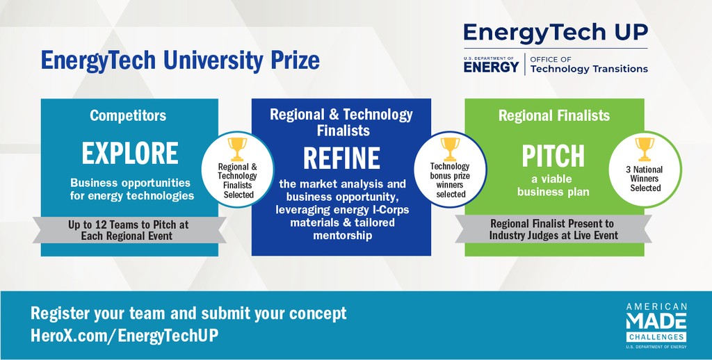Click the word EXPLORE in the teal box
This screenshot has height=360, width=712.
click(x=130, y=154)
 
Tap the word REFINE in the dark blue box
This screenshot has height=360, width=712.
click(x=341, y=158)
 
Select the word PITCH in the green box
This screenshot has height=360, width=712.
click(x=553, y=156)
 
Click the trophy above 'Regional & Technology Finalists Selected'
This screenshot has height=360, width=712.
click(x=237, y=149)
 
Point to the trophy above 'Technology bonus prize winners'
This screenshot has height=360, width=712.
click(x=450, y=149)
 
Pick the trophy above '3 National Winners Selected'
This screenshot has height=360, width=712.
click(x=645, y=149)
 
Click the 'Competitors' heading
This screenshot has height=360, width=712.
click(x=128, y=115)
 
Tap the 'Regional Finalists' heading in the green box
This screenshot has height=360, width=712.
click(x=554, y=115)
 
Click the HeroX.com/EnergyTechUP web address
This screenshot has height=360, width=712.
click(x=124, y=336)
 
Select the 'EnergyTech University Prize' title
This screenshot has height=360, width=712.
click(x=180, y=60)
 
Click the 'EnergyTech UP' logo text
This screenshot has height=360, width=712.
click(x=556, y=33)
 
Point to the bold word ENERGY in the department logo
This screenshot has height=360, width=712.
click(x=491, y=67)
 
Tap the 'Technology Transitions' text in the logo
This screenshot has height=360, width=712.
click(x=589, y=69)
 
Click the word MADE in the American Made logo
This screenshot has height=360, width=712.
click(x=656, y=321)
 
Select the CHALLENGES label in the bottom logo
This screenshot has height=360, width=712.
click(x=656, y=337)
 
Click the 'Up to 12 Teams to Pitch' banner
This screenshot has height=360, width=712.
click(x=129, y=224)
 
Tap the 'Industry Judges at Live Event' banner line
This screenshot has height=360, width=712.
click(x=553, y=236)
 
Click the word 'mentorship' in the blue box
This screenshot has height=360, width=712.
click(x=342, y=236)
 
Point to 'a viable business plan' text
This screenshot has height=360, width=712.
click(x=553, y=186)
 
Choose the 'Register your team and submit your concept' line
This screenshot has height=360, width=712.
click(x=188, y=313)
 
